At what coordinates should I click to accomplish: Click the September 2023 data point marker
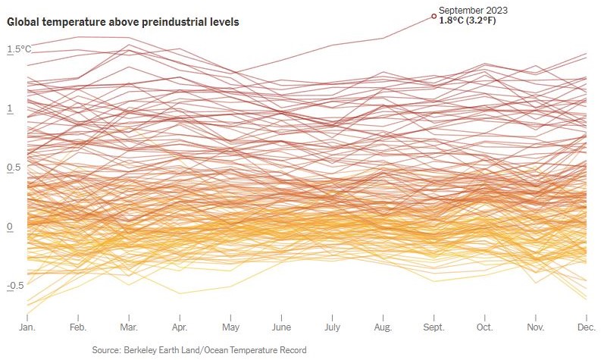(x=433, y=16)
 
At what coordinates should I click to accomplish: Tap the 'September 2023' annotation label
(x=473, y=10)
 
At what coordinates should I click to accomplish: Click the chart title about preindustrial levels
(x=124, y=23)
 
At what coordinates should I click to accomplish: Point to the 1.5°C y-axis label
(x=20, y=49)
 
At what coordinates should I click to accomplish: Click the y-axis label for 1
(x=10, y=109)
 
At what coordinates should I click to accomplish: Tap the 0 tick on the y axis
(x=10, y=227)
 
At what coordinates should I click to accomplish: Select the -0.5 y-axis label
(x=17, y=286)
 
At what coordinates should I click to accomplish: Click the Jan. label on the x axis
(x=28, y=328)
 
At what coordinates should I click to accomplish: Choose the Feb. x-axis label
(x=78, y=328)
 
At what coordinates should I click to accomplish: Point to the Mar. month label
(x=129, y=328)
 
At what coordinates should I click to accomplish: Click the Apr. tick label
(x=180, y=328)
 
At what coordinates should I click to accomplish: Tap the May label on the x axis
(x=230, y=328)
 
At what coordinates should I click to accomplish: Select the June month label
(x=281, y=328)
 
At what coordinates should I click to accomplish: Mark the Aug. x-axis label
(x=383, y=328)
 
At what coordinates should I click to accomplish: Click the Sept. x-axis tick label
(x=433, y=328)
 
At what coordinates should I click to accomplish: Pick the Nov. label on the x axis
(x=536, y=328)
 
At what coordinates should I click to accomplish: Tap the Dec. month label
(x=586, y=328)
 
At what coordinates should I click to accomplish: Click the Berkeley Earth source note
(x=199, y=350)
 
